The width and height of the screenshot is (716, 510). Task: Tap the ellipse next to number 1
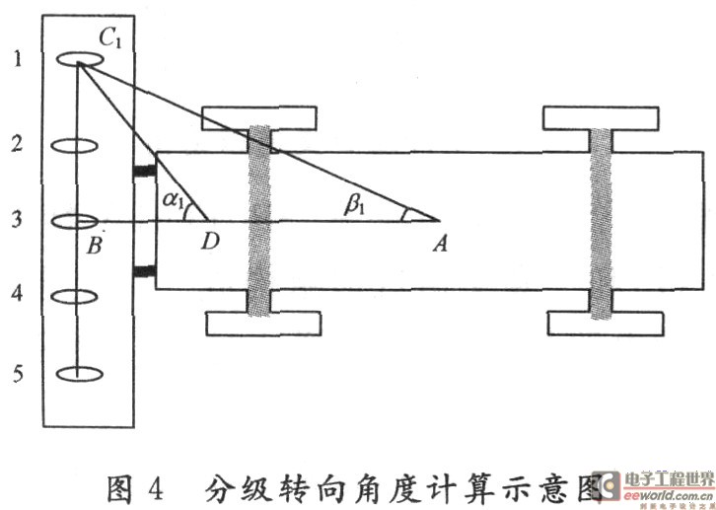click(x=76, y=60)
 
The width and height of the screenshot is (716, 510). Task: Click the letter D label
click(x=210, y=243)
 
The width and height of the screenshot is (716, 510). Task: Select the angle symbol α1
click(x=174, y=201)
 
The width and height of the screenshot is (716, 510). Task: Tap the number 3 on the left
click(x=15, y=220)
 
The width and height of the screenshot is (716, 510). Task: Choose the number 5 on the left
click(x=15, y=373)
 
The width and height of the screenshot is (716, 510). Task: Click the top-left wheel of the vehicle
click(x=260, y=116)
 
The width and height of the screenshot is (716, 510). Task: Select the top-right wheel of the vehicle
click(x=602, y=116)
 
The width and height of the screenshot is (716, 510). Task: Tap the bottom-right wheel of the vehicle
click(x=602, y=323)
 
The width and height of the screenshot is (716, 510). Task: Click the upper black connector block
click(x=144, y=173)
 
